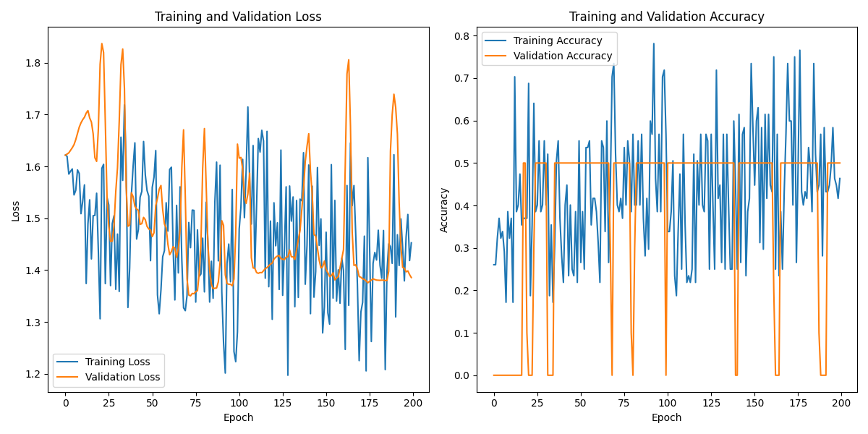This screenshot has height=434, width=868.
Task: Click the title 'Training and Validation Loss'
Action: [238, 17]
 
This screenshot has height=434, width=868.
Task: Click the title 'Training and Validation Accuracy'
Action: [666, 17]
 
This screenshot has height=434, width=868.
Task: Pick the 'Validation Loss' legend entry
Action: [119, 377]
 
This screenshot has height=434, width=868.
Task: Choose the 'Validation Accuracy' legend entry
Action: [563, 56]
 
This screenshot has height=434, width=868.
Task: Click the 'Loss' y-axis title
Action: [15, 210]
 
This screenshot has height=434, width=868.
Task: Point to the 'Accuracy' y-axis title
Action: [444, 210]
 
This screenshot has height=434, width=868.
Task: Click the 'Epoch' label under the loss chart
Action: [238, 417]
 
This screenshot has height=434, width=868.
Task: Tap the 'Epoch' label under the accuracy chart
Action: [666, 417]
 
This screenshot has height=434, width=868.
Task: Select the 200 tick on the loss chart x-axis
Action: [412, 402]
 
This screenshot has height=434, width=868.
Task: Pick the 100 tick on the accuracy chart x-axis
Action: [667, 402]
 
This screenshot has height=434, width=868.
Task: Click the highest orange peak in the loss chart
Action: [101, 43]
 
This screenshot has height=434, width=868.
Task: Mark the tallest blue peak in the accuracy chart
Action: [653, 43]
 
